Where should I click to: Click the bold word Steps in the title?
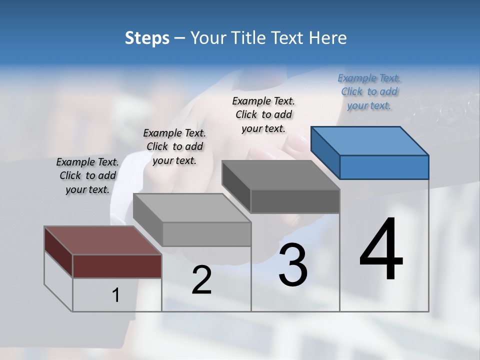147,38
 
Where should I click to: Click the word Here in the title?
328,38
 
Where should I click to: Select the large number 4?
381,250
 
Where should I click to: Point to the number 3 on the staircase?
293,265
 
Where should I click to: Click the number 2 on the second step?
201,280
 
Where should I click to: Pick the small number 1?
116,295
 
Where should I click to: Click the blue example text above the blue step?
369,91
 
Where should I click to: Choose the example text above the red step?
87,175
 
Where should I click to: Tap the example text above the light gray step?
174,146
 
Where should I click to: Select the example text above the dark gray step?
263,114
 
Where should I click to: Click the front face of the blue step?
384,167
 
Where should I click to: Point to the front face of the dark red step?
117,266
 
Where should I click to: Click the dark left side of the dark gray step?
236,184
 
